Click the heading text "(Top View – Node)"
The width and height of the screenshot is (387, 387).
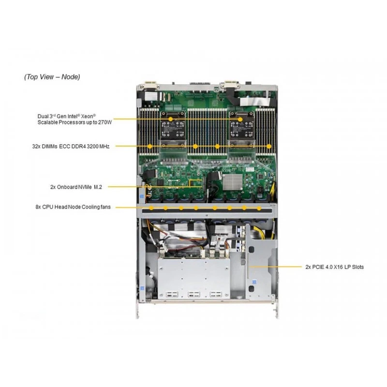[52, 77]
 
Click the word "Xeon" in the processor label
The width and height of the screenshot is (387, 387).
[88, 116]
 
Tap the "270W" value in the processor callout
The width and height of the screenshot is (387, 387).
[105, 122]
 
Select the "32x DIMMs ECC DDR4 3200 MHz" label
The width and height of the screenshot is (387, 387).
[71, 147]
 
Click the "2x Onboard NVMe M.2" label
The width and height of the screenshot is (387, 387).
[76, 187]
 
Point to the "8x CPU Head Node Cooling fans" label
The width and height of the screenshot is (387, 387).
[73, 207]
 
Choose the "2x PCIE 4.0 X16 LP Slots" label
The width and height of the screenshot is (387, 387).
[334, 267]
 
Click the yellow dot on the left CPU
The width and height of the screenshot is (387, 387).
[171, 119]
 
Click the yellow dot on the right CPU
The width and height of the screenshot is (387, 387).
[240, 119]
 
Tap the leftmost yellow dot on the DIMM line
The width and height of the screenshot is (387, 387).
[150, 147]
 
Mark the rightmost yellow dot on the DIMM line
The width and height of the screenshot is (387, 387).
[269, 147]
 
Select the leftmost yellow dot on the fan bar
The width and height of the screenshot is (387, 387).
[151, 208]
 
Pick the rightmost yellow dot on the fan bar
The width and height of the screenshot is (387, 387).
[259, 208]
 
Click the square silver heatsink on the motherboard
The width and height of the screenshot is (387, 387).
[233, 182]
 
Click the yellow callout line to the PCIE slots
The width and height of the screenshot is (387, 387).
[275, 267]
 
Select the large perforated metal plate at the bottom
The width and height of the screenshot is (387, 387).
[194, 278]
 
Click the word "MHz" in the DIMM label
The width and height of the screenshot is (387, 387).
[104, 147]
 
